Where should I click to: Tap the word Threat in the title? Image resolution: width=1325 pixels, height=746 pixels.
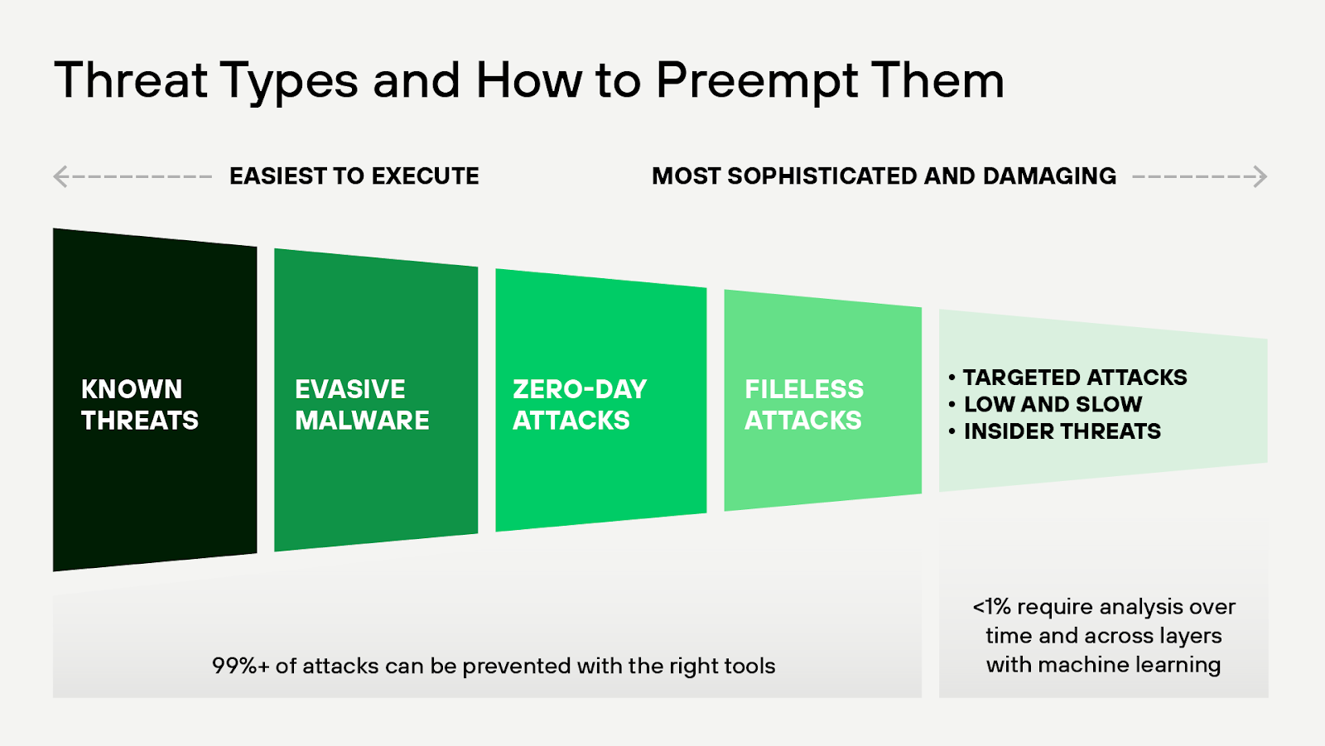coord(131,81)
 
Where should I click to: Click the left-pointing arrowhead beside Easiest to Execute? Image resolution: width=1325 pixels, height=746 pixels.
coord(60,176)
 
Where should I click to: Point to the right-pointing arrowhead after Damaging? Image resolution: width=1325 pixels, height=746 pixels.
coord(1260,176)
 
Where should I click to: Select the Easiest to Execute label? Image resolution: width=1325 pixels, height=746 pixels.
coord(354,176)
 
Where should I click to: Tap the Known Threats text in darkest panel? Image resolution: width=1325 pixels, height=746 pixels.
coord(139,404)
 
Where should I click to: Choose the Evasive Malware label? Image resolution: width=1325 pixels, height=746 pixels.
coord(361,404)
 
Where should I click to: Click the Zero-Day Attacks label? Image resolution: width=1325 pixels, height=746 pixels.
coord(579,404)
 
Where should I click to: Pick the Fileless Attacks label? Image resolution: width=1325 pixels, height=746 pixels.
coord(803,404)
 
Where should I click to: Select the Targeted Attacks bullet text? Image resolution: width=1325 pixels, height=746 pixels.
coord(1074,378)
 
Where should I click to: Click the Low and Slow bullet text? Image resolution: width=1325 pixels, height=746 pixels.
coord(1053,404)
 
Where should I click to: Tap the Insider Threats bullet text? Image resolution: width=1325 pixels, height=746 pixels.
coord(1062,431)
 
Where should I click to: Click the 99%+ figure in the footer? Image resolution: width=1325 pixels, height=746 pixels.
coord(240,666)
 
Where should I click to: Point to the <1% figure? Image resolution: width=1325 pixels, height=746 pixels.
coord(991,607)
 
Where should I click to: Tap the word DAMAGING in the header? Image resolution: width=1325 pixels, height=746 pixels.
coord(1049,176)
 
